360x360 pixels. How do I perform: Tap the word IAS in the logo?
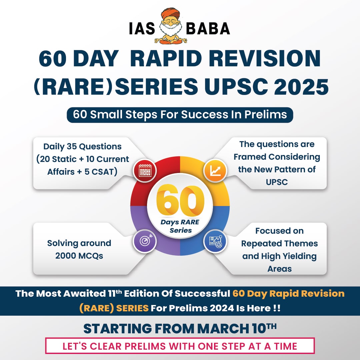[x=142, y=29]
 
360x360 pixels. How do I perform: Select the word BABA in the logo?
[x=208, y=29]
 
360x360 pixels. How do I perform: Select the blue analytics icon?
[x=215, y=241]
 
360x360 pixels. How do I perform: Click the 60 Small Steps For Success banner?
[x=180, y=114]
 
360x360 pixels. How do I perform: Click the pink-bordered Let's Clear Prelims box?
[x=180, y=346]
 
